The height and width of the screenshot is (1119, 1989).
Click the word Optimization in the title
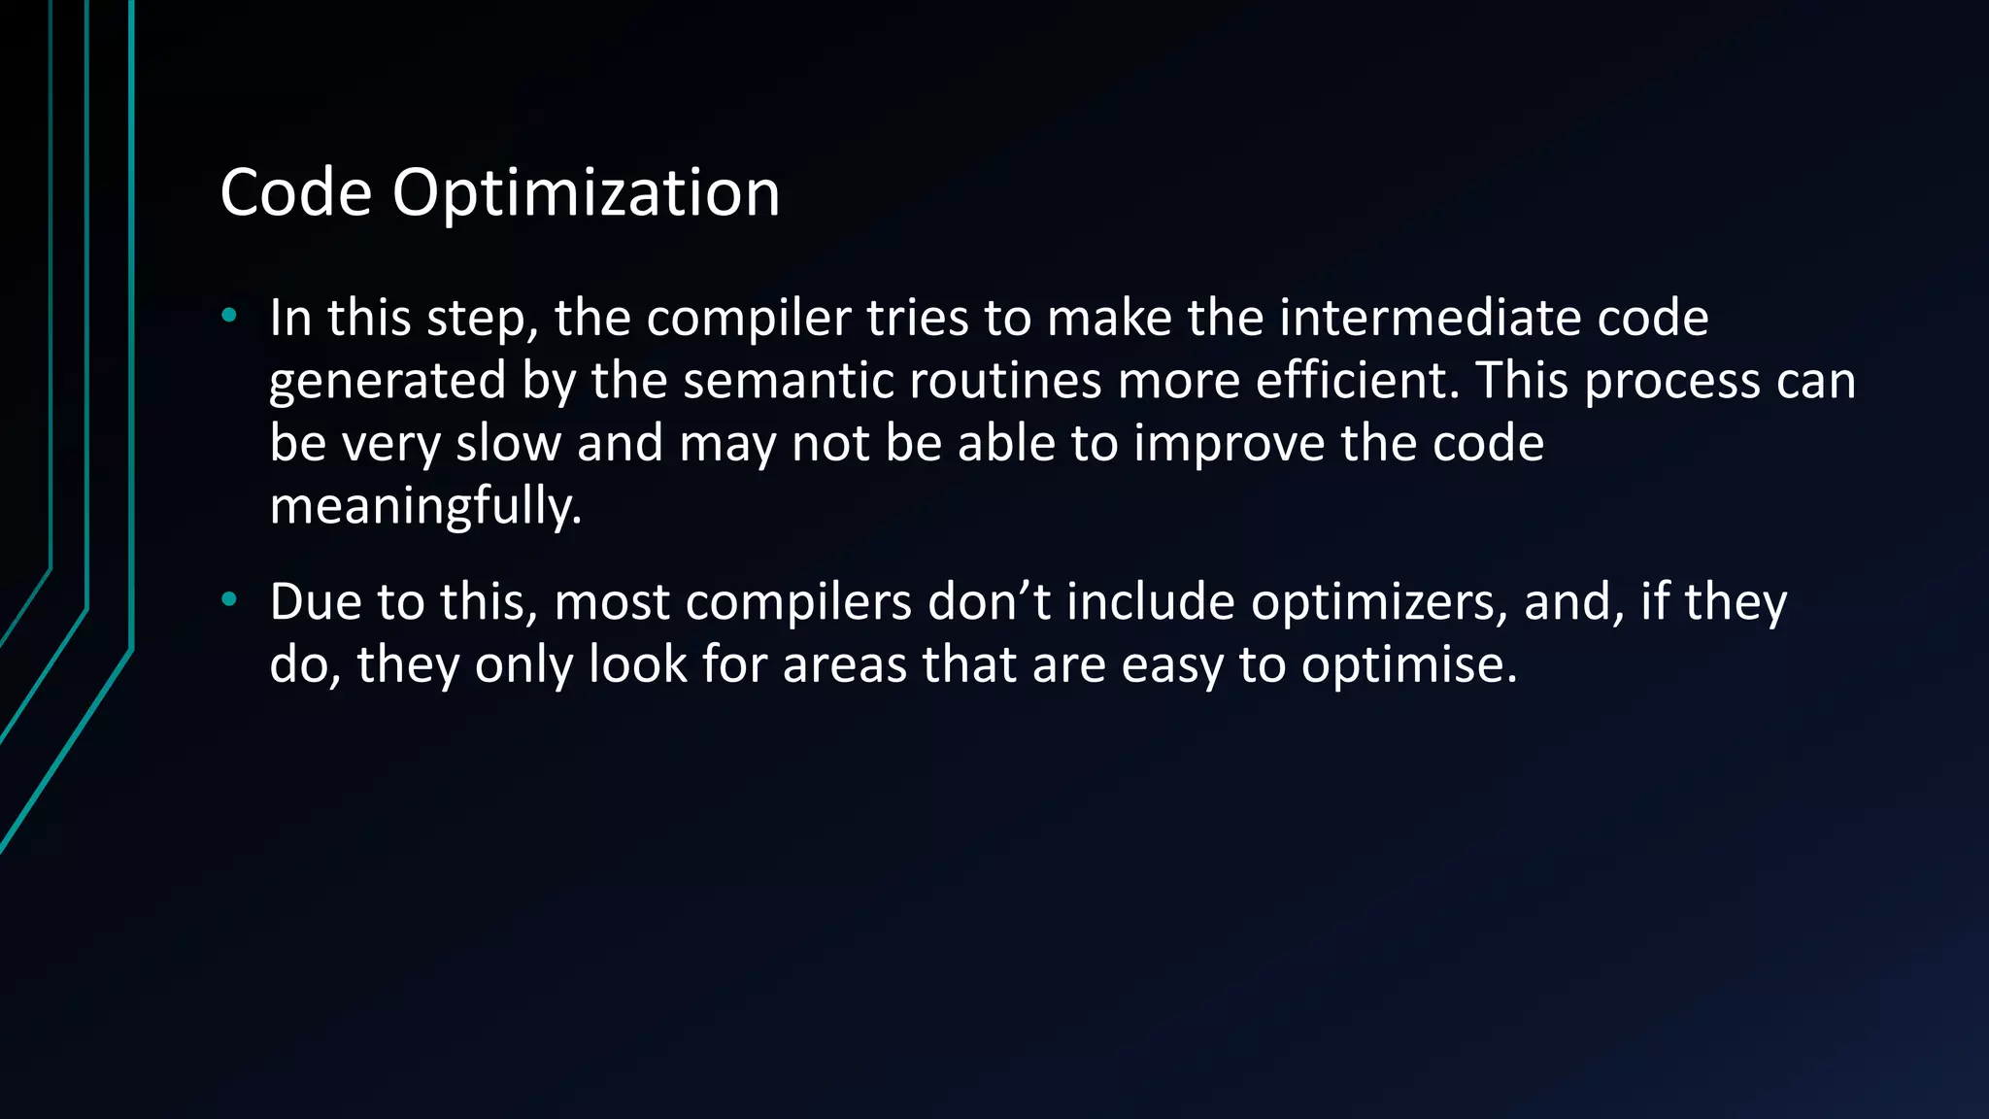tap(586, 193)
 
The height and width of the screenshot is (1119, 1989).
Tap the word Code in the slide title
tap(296, 192)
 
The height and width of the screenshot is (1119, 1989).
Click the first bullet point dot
tap(229, 315)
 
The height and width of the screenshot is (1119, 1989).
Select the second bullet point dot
tap(229, 599)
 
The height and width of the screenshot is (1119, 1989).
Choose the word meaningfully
tap(425, 506)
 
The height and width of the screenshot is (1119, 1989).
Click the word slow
tap(508, 443)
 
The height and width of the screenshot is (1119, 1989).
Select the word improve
tap(1229, 443)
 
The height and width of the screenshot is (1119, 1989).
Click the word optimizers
tap(1379, 603)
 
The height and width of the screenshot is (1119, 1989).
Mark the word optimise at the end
tap(1408, 665)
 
